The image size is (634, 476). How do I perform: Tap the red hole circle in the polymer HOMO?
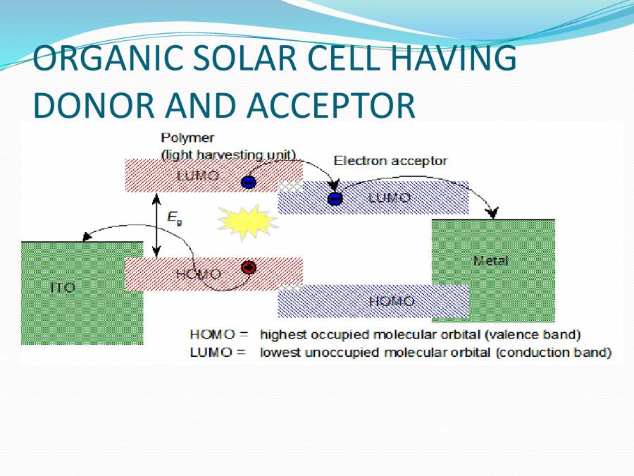(x=248, y=268)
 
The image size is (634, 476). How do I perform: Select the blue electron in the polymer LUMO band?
(x=249, y=182)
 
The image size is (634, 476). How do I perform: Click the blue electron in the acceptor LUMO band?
(x=335, y=199)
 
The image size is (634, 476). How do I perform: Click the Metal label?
(x=490, y=261)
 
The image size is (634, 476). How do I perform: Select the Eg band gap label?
(x=174, y=219)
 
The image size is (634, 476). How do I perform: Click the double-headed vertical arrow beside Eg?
(x=157, y=225)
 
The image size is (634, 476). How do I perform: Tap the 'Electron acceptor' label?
(x=390, y=161)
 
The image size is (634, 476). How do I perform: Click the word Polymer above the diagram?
(x=187, y=138)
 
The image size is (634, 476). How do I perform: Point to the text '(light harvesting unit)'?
(x=228, y=154)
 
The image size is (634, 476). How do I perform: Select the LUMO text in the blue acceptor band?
(x=390, y=198)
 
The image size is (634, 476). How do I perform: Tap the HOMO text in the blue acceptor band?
(x=392, y=302)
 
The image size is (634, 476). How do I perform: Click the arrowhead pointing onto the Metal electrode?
(x=493, y=212)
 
